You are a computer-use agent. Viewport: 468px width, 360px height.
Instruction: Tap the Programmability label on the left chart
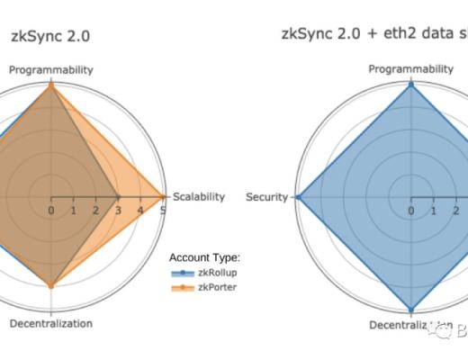(x=50, y=69)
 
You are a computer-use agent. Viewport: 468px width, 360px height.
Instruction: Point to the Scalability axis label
(x=198, y=197)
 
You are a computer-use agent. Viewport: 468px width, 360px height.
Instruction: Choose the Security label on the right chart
(x=266, y=197)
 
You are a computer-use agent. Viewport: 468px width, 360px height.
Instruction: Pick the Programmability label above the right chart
(x=411, y=69)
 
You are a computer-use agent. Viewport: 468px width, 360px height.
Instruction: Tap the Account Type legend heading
(x=204, y=257)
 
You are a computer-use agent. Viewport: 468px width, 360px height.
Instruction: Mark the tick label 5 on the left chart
(x=162, y=211)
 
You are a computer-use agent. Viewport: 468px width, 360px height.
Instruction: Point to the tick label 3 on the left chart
(x=118, y=211)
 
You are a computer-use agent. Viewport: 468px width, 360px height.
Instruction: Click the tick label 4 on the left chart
(x=140, y=211)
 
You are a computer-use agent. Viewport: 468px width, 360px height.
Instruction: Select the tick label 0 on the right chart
(x=411, y=211)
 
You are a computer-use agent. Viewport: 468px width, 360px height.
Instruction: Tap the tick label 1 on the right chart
(x=434, y=211)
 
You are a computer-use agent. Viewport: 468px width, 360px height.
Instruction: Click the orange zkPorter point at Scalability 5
(x=163, y=196)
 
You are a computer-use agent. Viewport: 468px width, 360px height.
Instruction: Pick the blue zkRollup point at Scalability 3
(x=118, y=196)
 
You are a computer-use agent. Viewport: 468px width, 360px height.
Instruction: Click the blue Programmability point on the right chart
(x=411, y=84)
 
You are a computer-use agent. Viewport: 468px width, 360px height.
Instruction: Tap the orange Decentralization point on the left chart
(x=50, y=286)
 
